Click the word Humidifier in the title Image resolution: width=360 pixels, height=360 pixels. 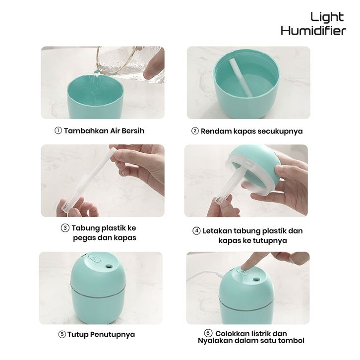pos(313,31)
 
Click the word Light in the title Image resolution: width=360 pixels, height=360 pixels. pos(327,17)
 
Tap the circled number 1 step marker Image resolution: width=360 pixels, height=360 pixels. pos(58,130)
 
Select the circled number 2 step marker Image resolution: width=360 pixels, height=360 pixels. pos(195,131)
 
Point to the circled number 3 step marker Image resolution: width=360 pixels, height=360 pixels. pos(65,228)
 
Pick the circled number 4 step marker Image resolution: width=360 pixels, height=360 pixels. pos(196,231)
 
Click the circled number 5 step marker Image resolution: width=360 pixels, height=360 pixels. pos(62,335)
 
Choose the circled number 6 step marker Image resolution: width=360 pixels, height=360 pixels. pos(208,333)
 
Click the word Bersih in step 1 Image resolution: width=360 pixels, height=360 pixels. pos(133,130)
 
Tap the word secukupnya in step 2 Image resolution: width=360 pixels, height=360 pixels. pos(280,131)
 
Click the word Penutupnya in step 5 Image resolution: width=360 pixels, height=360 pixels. pos(112,335)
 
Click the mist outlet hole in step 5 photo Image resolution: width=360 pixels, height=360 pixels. pos(109,267)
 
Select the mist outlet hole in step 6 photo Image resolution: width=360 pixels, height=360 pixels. pos(256,280)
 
